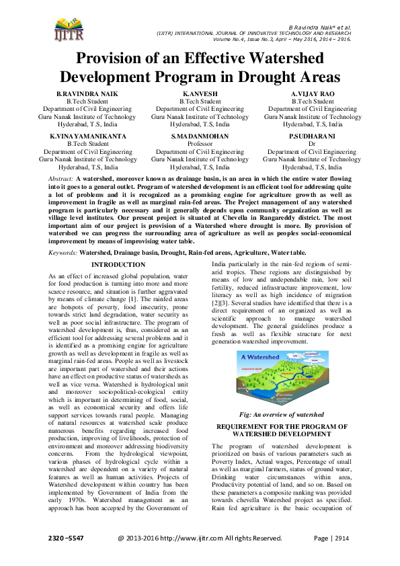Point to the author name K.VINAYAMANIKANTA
87,136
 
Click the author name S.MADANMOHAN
200,136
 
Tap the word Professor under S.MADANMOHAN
200,144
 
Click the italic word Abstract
61,177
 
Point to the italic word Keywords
63,252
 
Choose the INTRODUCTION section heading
118,265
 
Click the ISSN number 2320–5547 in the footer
66,538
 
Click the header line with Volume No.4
282,39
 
